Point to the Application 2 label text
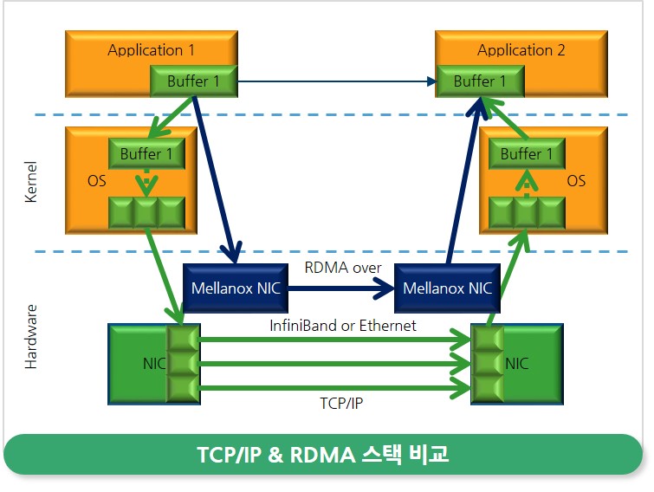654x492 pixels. (x=521, y=50)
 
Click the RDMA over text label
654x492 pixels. (x=342, y=268)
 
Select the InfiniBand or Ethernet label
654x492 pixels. (x=342, y=326)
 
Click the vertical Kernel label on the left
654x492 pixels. (x=31, y=182)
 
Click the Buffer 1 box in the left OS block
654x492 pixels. (x=146, y=154)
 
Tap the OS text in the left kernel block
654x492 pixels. (x=98, y=182)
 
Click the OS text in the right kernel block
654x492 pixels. (x=576, y=182)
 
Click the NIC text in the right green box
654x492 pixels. (x=517, y=364)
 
